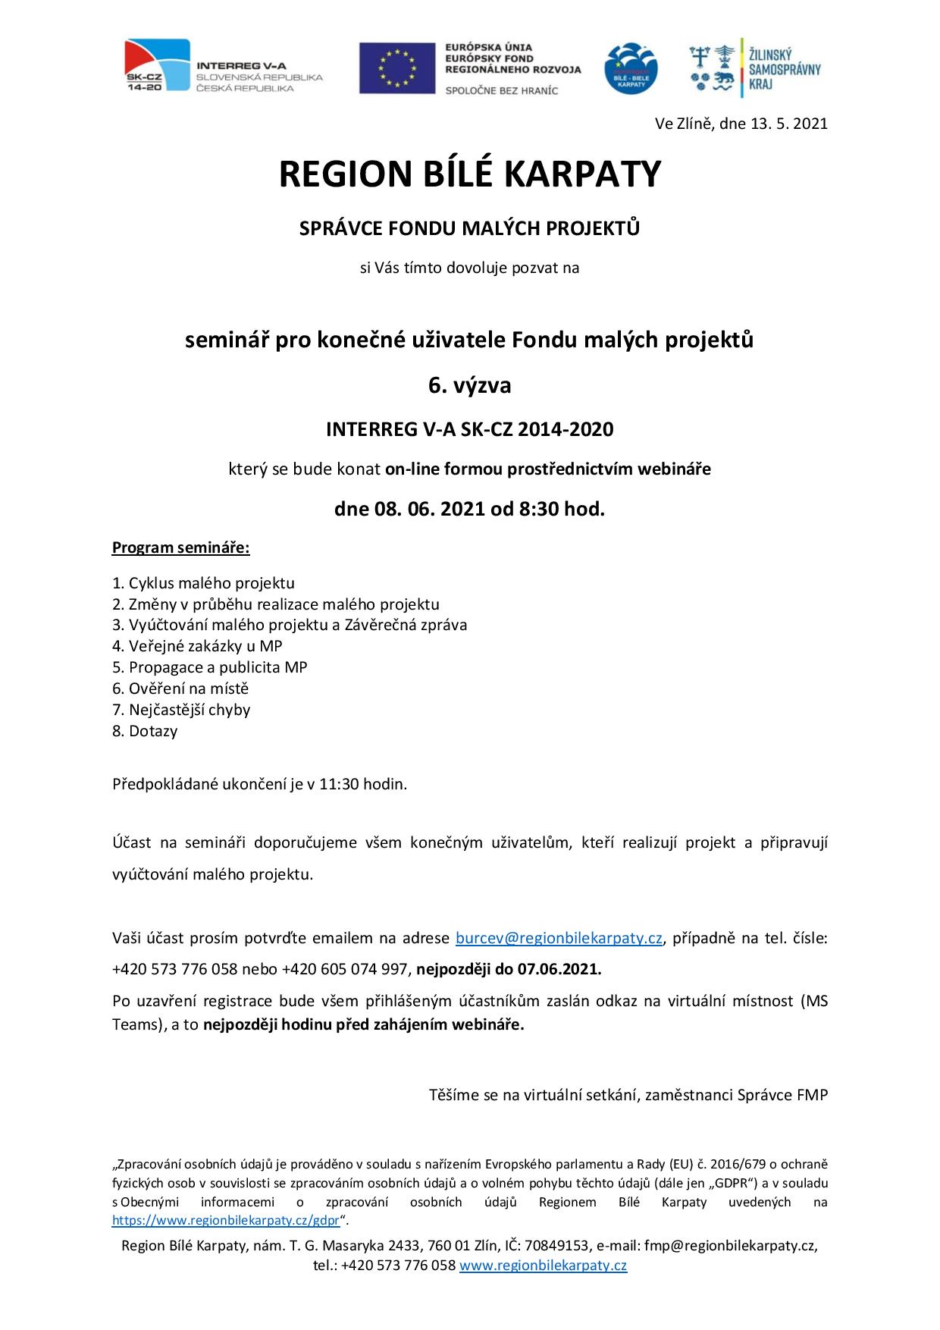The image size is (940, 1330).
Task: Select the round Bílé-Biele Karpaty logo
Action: click(x=631, y=68)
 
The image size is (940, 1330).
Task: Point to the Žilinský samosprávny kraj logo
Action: click(x=754, y=67)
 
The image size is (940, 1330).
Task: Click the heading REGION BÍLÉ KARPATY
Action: click(x=469, y=174)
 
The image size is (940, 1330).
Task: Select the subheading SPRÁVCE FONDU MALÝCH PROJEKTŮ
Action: click(x=469, y=228)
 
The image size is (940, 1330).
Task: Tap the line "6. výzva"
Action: click(x=469, y=385)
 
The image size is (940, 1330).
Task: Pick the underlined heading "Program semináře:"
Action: click(x=180, y=547)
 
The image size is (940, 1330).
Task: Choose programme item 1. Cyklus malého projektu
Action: click(x=203, y=583)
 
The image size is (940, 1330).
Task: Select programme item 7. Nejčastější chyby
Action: click(x=181, y=710)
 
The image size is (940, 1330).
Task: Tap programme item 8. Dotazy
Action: click(x=145, y=731)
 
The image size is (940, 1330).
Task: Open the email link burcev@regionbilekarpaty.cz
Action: click(x=559, y=938)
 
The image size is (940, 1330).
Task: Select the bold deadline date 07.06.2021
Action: click(x=559, y=969)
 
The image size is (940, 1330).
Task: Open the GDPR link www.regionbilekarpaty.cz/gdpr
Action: click(x=225, y=1220)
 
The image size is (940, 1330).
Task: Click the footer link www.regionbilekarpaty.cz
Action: click(x=543, y=1265)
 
